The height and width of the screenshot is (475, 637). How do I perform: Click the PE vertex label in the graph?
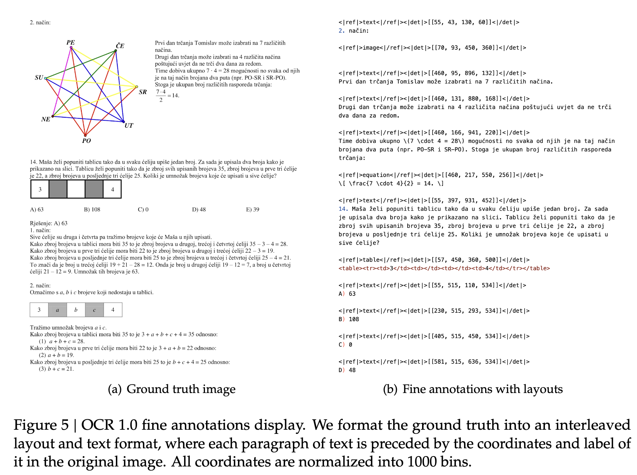click(x=71, y=42)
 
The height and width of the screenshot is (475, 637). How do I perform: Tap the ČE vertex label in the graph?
click(x=120, y=46)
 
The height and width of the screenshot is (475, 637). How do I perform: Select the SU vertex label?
click(x=39, y=78)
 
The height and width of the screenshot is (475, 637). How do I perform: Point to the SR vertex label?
click(x=143, y=92)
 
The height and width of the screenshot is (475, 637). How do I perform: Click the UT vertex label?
click(x=128, y=125)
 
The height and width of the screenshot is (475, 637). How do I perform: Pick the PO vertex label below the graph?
click(x=86, y=141)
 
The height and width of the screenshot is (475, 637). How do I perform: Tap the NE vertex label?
click(x=46, y=119)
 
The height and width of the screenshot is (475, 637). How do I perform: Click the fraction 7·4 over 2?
click(x=161, y=96)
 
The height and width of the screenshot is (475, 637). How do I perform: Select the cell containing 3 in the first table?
click(x=40, y=189)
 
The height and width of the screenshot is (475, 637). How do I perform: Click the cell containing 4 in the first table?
click(x=112, y=189)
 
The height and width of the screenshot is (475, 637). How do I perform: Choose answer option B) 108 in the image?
click(x=92, y=209)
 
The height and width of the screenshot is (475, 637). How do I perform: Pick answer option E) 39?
click(x=252, y=209)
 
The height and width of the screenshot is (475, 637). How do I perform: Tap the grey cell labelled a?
click(x=58, y=310)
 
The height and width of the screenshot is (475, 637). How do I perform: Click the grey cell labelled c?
click(x=94, y=310)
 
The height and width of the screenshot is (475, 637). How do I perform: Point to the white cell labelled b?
click(x=76, y=310)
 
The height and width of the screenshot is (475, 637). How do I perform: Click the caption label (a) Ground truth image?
click(x=171, y=389)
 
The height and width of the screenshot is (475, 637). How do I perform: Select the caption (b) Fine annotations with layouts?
click(x=473, y=389)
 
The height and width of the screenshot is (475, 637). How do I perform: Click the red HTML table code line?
click(x=444, y=268)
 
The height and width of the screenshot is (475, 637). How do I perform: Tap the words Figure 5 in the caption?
click(x=41, y=425)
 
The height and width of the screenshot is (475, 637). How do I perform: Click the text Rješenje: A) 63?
click(x=49, y=223)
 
